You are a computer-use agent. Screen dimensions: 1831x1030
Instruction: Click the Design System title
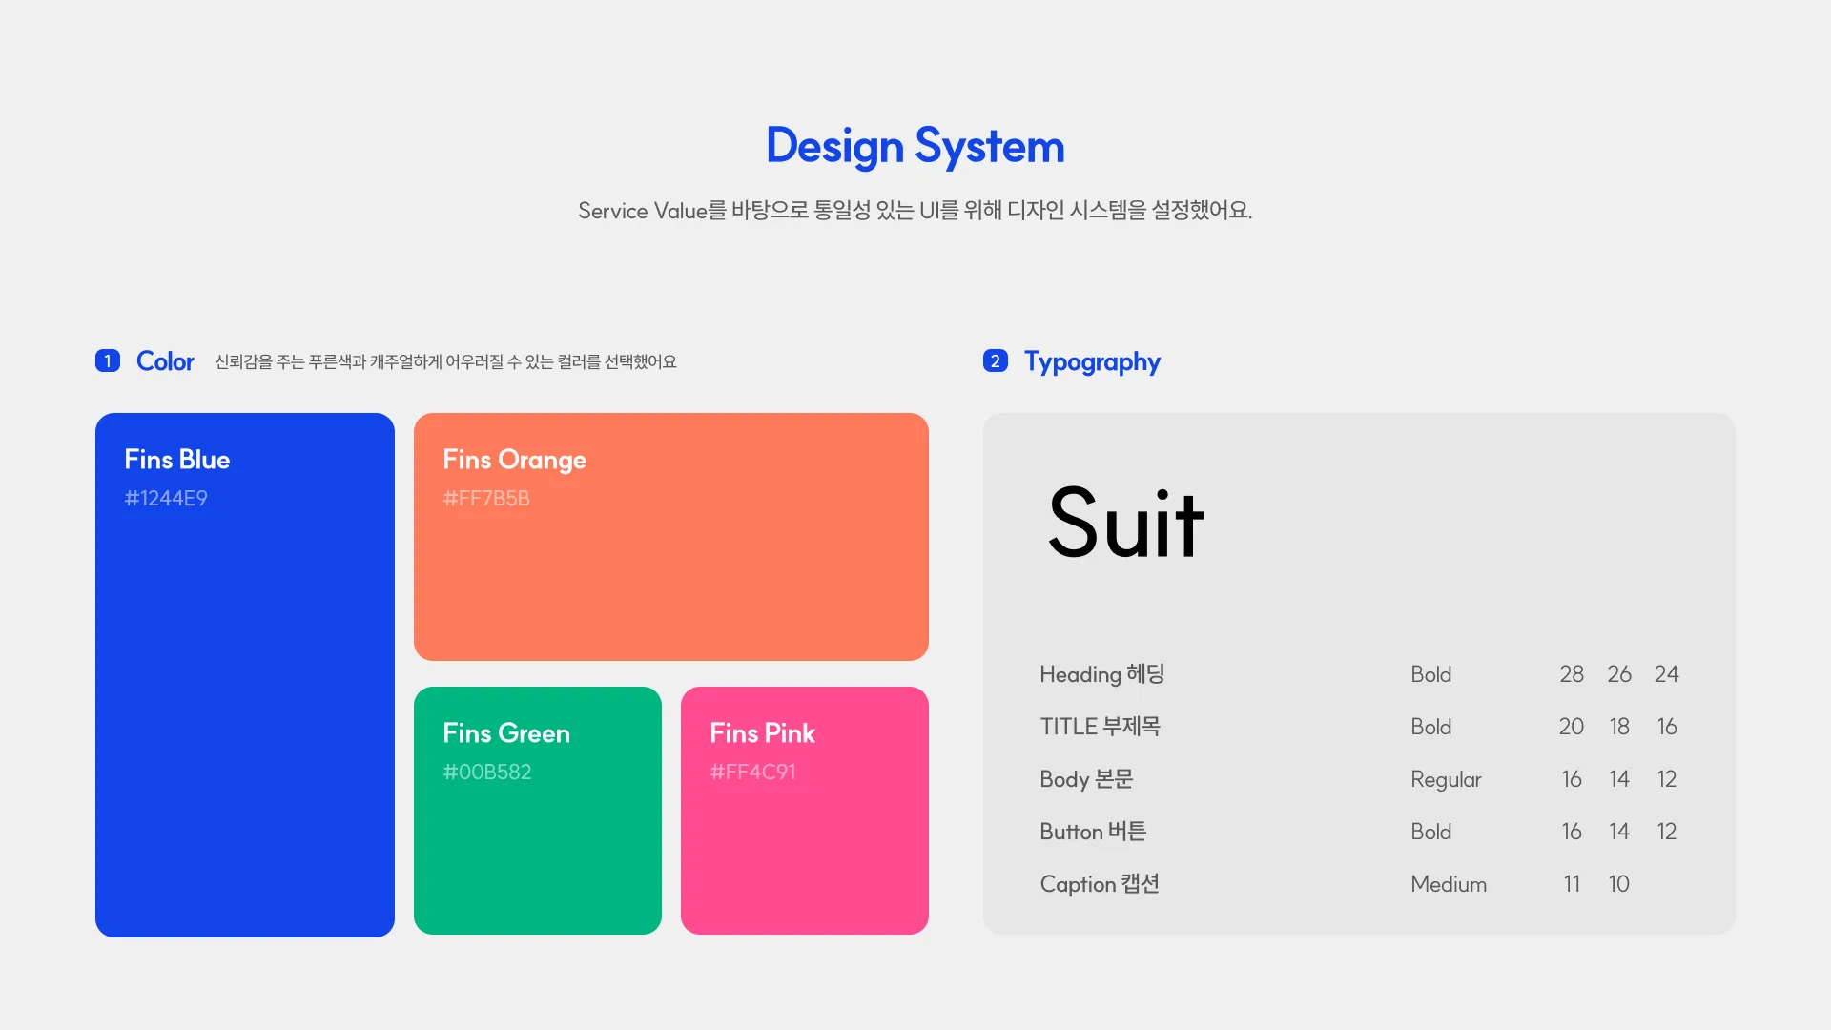pyautogui.click(x=915, y=147)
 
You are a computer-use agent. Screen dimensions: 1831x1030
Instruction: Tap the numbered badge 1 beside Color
pyautogui.click(x=108, y=360)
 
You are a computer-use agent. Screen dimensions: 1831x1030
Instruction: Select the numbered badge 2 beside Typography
pyautogui.click(x=996, y=360)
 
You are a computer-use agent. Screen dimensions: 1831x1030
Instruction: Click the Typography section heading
pyautogui.click(x=1092, y=362)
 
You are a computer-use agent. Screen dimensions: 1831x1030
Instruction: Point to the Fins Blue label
pyautogui.click(x=177, y=460)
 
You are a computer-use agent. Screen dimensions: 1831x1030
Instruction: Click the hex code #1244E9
pyautogui.click(x=166, y=498)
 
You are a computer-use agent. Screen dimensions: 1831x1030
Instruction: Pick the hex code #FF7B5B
pyautogui.click(x=486, y=498)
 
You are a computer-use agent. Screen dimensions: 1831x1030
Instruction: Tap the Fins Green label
pyautogui.click(x=506, y=733)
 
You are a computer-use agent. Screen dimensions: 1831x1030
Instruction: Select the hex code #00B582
pyautogui.click(x=487, y=772)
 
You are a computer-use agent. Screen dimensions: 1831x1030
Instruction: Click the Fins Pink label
pyautogui.click(x=763, y=733)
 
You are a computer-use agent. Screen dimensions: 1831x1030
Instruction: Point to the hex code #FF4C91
pyautogui.click(x=753, y=772)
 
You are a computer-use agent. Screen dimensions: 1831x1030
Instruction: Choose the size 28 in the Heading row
pyautogui.click(x=1572, y=674)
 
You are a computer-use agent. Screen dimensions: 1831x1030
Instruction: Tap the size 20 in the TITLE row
pyautogui.click(x=1572, y=727)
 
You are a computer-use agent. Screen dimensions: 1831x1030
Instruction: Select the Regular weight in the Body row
pyautogui.click(x=1446, y=780)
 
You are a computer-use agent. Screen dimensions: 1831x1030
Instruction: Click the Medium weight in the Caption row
pyautogui.click(x=1449, y=884)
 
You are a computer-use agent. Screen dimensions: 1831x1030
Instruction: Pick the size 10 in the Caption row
pyautogui.click(x=1618, y=884)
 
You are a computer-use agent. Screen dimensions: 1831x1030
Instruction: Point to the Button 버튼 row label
pyautogui.click(x=1093, y=832)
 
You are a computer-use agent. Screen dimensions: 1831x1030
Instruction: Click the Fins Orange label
pyautogui.click(x=515, y=461)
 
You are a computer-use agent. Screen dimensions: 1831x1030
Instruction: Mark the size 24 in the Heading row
pyautogui.click(x=1667, y=674)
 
